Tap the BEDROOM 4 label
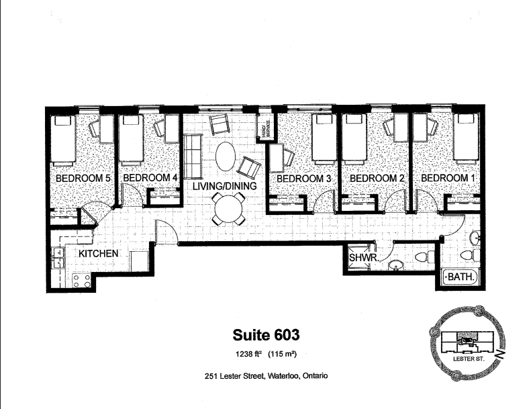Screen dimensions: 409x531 150,179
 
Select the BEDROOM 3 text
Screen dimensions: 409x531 304,179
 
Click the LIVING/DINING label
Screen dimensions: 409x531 224,185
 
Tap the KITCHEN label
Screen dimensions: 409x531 99,254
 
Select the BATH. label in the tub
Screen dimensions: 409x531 463,277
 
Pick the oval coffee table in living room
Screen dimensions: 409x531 226,156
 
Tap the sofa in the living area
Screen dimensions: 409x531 193,154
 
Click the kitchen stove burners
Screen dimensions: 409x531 82,281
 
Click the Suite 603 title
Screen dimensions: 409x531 266,334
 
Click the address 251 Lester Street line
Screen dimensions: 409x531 266,377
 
